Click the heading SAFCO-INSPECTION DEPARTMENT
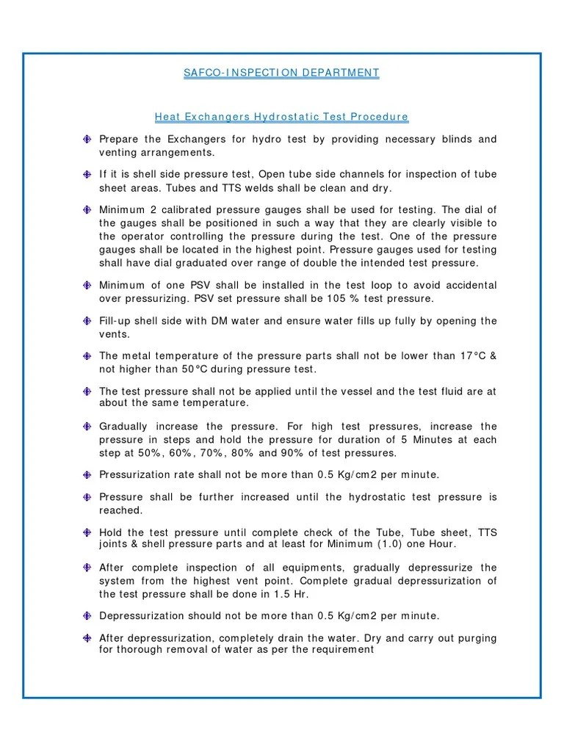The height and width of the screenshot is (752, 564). click(282, 73)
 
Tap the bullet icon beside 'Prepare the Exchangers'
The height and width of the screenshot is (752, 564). click(87, 140)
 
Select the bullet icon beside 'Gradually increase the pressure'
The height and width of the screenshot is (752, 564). click(87, 427)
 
